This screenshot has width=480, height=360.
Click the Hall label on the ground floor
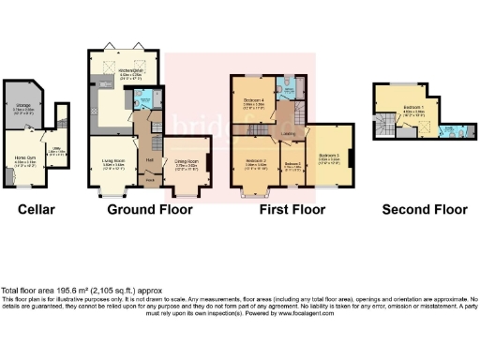(149, 160)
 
